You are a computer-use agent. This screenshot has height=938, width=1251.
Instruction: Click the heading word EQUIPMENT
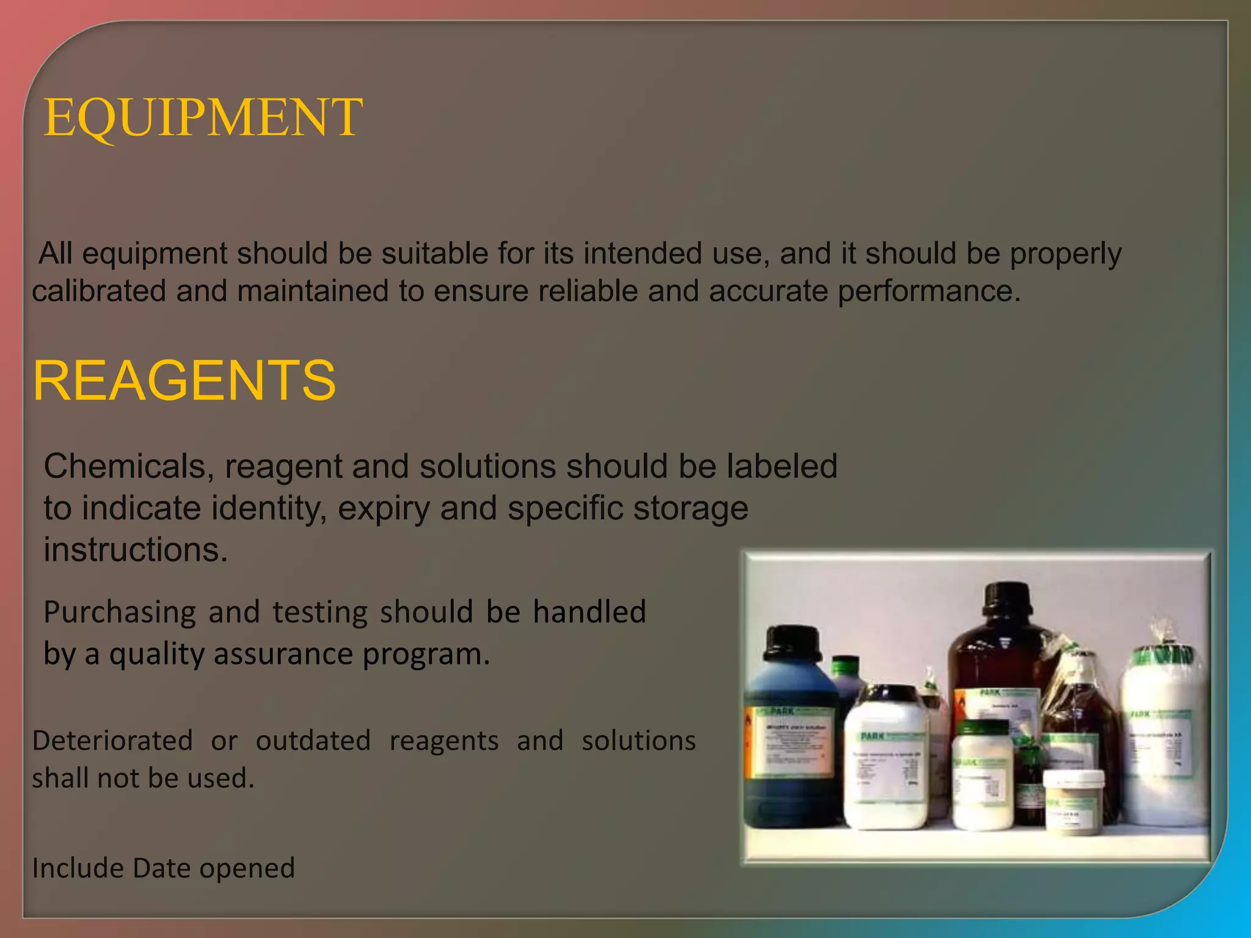203,117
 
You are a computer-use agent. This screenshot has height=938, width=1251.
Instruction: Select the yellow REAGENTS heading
184,380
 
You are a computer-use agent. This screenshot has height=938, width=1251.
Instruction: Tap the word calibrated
99,291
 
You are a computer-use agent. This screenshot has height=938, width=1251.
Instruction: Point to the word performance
928,291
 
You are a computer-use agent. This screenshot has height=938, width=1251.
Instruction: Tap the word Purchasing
120,613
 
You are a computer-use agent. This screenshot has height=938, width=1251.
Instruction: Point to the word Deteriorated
112,741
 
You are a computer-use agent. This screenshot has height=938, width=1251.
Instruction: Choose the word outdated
313,741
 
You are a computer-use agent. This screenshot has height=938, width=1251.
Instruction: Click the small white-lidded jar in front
1073,800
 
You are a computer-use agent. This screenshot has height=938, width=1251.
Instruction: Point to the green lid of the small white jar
983,728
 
